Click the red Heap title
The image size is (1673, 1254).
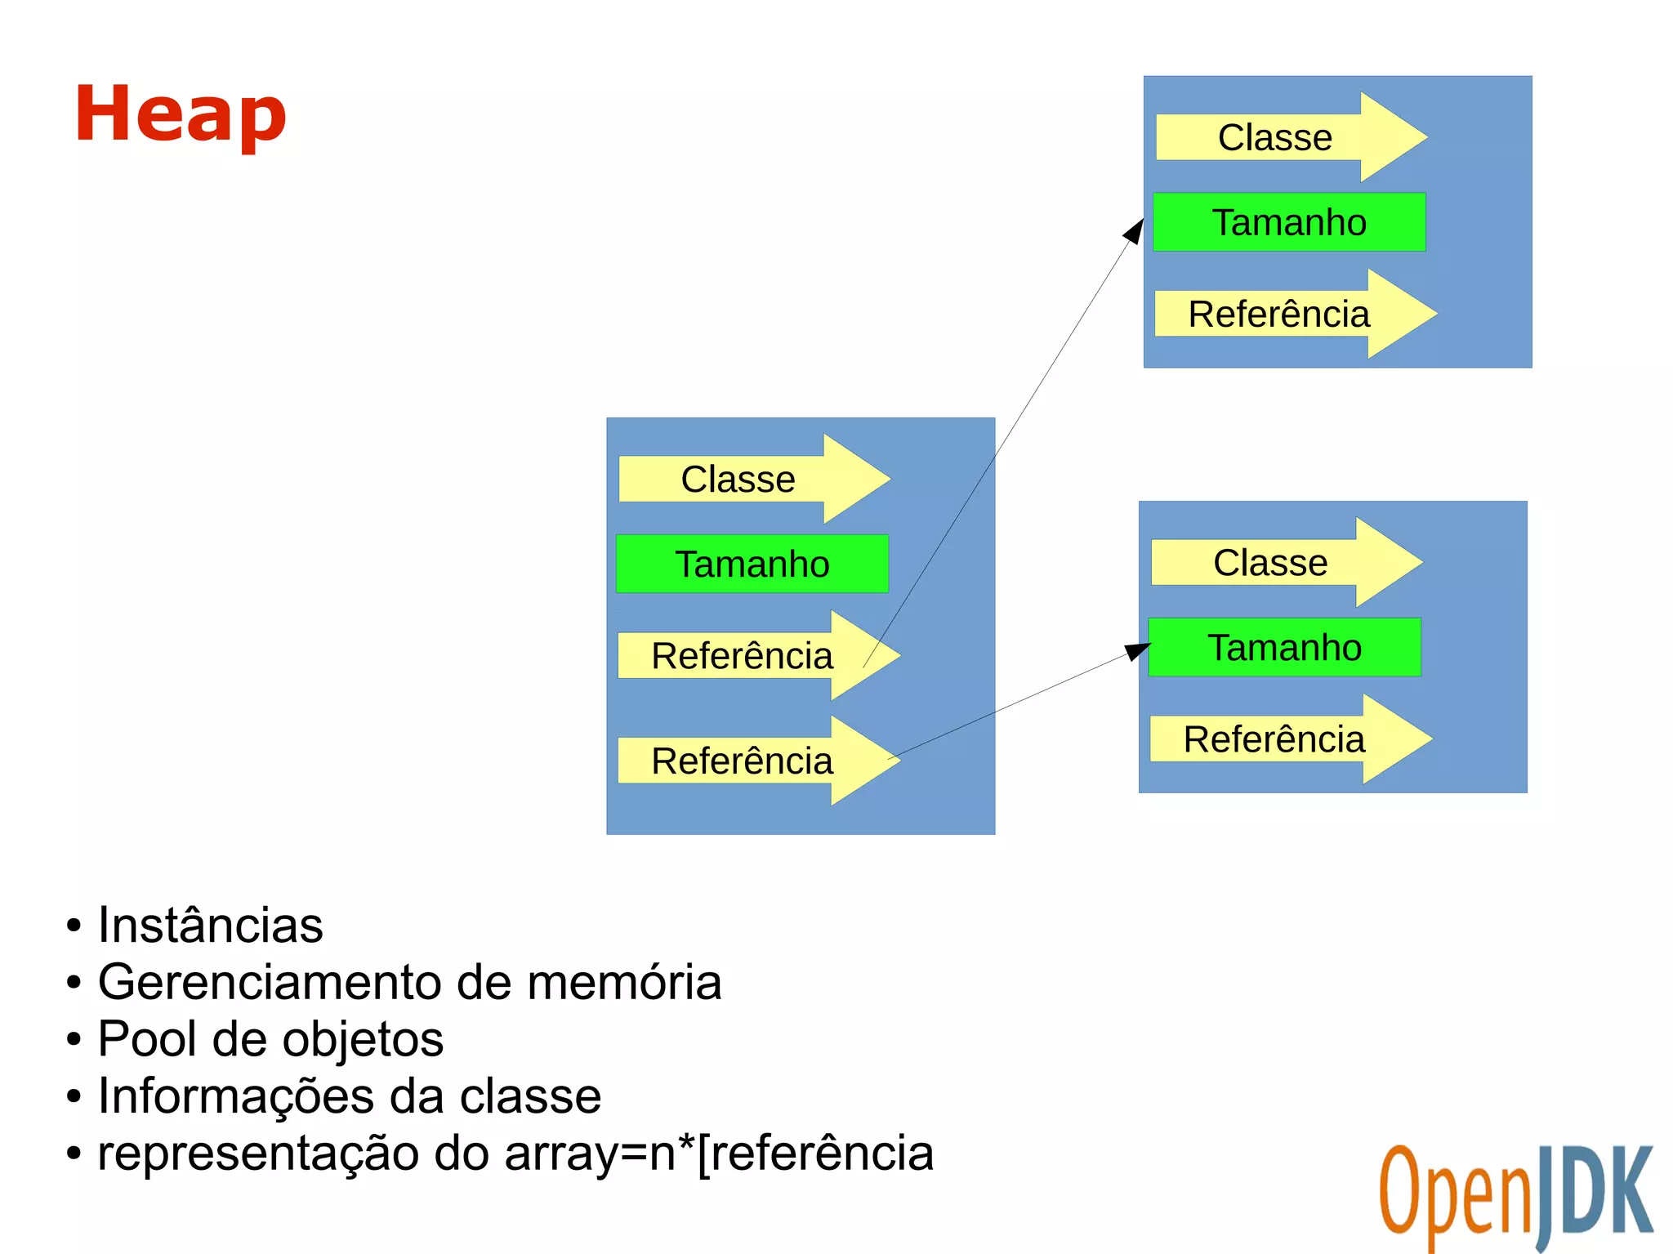pyautogui.click(x=181, y=114)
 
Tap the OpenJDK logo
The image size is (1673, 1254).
pyautogui.click(x=1515, y=1196)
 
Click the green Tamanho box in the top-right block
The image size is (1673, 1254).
pyautogui.click(x=1289, y=222)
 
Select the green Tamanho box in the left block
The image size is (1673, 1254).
pyautogui.click(x=752, y=565)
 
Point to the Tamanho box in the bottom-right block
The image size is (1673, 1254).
pyautogui.click(x=1285, y=648)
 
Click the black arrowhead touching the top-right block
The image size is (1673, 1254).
pyautogui.click(x=1135, y=230)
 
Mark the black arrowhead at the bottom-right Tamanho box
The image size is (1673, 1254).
pyautogui.click(x=1137, y=651)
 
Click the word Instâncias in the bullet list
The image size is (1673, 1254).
pyautogui.click(x=211, y=926)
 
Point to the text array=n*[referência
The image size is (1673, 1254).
pyautogui.click(x=719, y=1154)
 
